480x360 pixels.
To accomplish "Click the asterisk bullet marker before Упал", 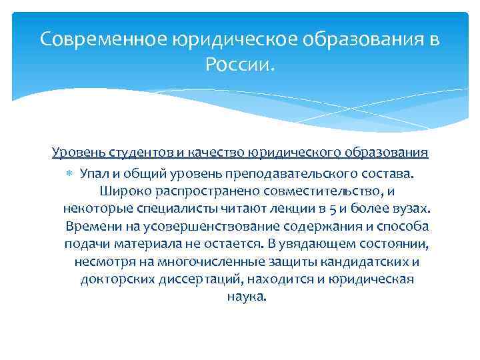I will click(x=71, y=174).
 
